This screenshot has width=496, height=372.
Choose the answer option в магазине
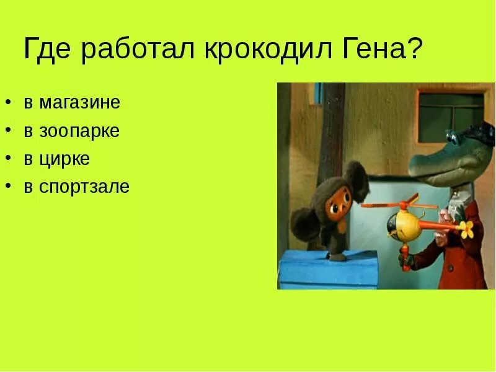coord(72,102)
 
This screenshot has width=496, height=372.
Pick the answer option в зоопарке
coord(72,131)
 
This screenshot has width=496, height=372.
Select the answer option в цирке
coord(57,159)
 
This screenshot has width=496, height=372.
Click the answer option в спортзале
coord(77,187)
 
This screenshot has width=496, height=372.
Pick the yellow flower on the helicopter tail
coord(466,229)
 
